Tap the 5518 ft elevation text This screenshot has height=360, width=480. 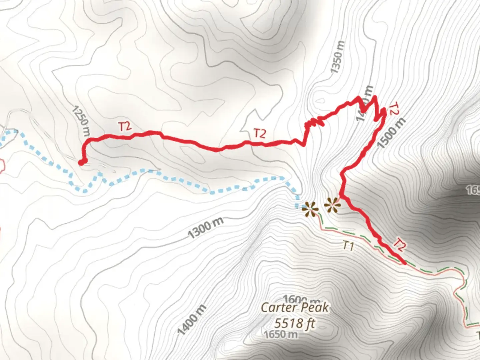pyautogui.click(x=294, y=323)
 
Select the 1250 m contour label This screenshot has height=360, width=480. pyautogui.click(x=81, y=121)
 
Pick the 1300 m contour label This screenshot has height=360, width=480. pyautogui.click(x=205, y=228)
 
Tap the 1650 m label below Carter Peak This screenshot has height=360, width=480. pyautogui.click(x=280, y=334)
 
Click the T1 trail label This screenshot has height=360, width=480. pyautogui.click(x=348, y=246)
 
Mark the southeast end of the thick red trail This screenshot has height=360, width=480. pyautogui.click(x=404, y=263)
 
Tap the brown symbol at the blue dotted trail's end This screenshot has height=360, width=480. pyautogui.click(x=310, y=209)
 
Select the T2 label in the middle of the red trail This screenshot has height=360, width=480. pyautogui.click(x=260, y=134)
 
